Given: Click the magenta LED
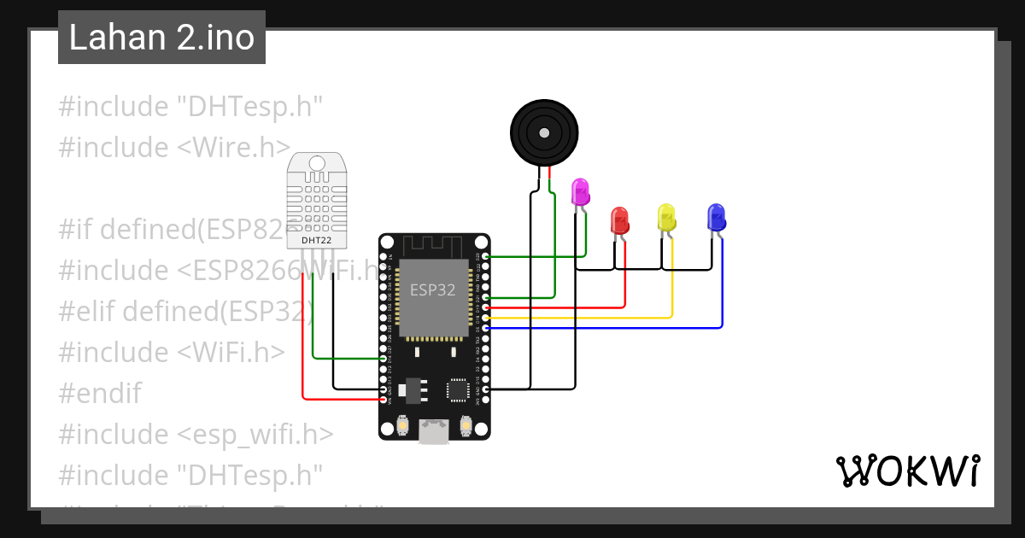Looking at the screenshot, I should coord(581,192).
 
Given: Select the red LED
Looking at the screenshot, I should coord(620,220).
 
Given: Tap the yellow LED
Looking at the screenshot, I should coord(666,217).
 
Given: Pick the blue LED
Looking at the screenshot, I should coord(716,217).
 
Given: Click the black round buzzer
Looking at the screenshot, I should coord(544,132).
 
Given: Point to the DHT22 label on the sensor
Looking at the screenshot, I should coord(316,241).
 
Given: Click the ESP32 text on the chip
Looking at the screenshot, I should coord(433,290).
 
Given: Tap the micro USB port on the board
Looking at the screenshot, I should coord(434,432).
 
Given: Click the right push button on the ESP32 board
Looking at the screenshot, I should coord(466,424).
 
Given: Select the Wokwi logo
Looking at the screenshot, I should coord(906,471).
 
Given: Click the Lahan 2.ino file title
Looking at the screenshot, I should coord(161,38).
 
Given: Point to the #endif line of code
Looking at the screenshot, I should coord(100,394).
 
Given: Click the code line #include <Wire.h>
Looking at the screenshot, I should coord(174,147).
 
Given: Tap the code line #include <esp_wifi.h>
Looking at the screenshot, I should coord(196,435).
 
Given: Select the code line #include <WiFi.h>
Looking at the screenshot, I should coord(172,352).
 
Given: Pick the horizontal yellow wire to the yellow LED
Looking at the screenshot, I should coord(581,318).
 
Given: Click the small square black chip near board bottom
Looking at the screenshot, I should coord(457,389).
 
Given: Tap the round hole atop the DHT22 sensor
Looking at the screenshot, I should coord(317,163).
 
